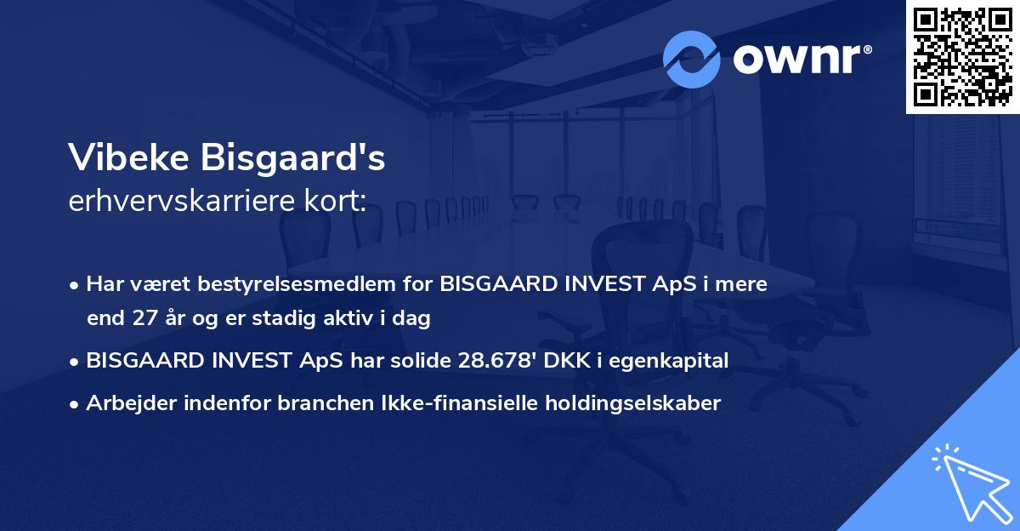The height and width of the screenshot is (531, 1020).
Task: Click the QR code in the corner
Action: click(963, 56)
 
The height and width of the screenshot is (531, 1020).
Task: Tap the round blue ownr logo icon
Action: click(692, 59)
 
